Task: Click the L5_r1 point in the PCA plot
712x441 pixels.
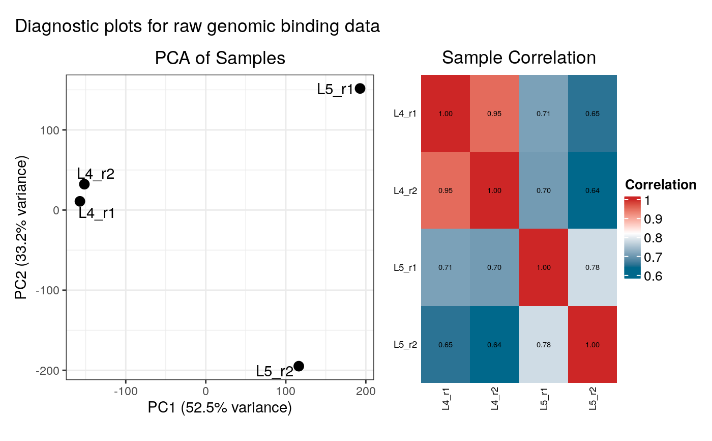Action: pos(360,89)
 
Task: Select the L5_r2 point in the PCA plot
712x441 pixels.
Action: pos(299,366)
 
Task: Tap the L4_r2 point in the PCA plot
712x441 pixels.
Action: pos(84,184)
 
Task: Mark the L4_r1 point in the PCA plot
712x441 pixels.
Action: pos(80,201)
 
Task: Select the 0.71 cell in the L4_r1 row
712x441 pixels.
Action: pos(543,114)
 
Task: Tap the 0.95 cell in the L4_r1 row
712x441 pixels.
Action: pos(494,114)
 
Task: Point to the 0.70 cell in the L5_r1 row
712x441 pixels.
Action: pos(494,267)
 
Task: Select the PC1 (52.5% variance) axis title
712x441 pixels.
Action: pos(220,408)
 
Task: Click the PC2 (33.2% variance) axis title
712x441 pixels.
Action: pos(21,227)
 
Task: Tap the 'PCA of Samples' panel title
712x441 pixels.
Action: pos(220,58)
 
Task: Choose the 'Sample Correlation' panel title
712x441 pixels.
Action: pos(519,58)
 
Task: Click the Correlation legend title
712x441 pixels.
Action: pos(660,184)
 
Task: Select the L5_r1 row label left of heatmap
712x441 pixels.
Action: pos(405,267)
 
